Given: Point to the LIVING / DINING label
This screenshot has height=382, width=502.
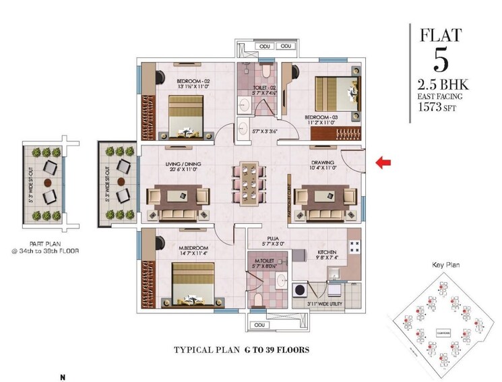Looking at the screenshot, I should coord(183,163).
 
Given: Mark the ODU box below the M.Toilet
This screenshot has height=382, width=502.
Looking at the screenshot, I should coord(257,325).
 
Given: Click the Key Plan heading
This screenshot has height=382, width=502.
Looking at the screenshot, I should coord(445,265).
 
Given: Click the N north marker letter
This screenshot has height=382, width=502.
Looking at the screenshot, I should coord(63,377).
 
